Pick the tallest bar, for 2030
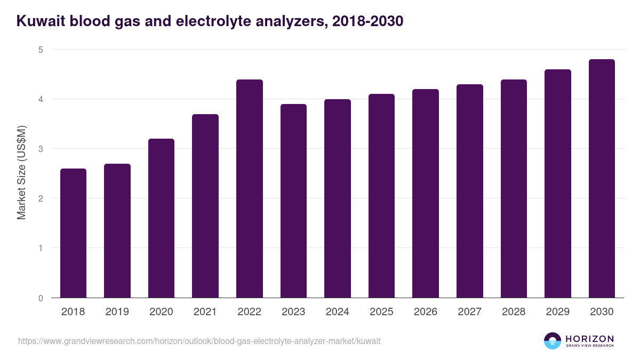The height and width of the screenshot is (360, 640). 602,179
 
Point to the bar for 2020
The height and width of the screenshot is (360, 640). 161,218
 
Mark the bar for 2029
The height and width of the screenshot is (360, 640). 558,183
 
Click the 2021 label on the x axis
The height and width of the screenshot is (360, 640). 205,312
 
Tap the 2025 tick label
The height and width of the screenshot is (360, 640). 381,312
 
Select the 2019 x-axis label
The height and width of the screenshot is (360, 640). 117,312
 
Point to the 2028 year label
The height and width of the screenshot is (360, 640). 514,312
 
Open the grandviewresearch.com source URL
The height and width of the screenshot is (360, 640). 199,341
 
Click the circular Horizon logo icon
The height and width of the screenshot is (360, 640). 553,341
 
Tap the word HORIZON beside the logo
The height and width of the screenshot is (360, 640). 589,339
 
